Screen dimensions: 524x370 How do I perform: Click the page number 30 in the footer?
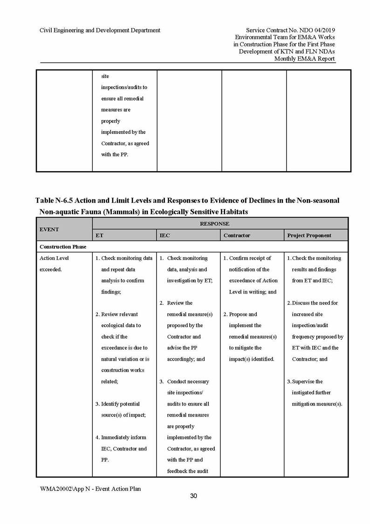click(x=193, y=496)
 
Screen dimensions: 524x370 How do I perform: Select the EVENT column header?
click(x=49, y=230)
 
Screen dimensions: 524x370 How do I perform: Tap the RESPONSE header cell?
click(x=214, y=224)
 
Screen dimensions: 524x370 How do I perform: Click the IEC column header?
click(x=165, y=236)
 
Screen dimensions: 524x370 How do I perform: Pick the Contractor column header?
click(x=237, y=236)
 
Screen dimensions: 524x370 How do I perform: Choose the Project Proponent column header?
click(x=309, y=236)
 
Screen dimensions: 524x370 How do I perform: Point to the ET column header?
click(x=99, y=236)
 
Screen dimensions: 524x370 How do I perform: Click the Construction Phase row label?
click(x=63, y=247)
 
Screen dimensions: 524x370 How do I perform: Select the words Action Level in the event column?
click(x=54, y=258)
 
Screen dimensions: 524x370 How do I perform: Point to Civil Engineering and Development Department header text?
click(x=100, y=30)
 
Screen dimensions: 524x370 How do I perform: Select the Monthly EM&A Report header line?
click(x=305, y=59)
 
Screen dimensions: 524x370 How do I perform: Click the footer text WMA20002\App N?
click(x=70, y=489)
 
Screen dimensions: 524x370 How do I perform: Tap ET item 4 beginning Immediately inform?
click(x=123, y=438)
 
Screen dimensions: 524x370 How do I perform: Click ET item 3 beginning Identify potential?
click(x=120, y=404)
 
